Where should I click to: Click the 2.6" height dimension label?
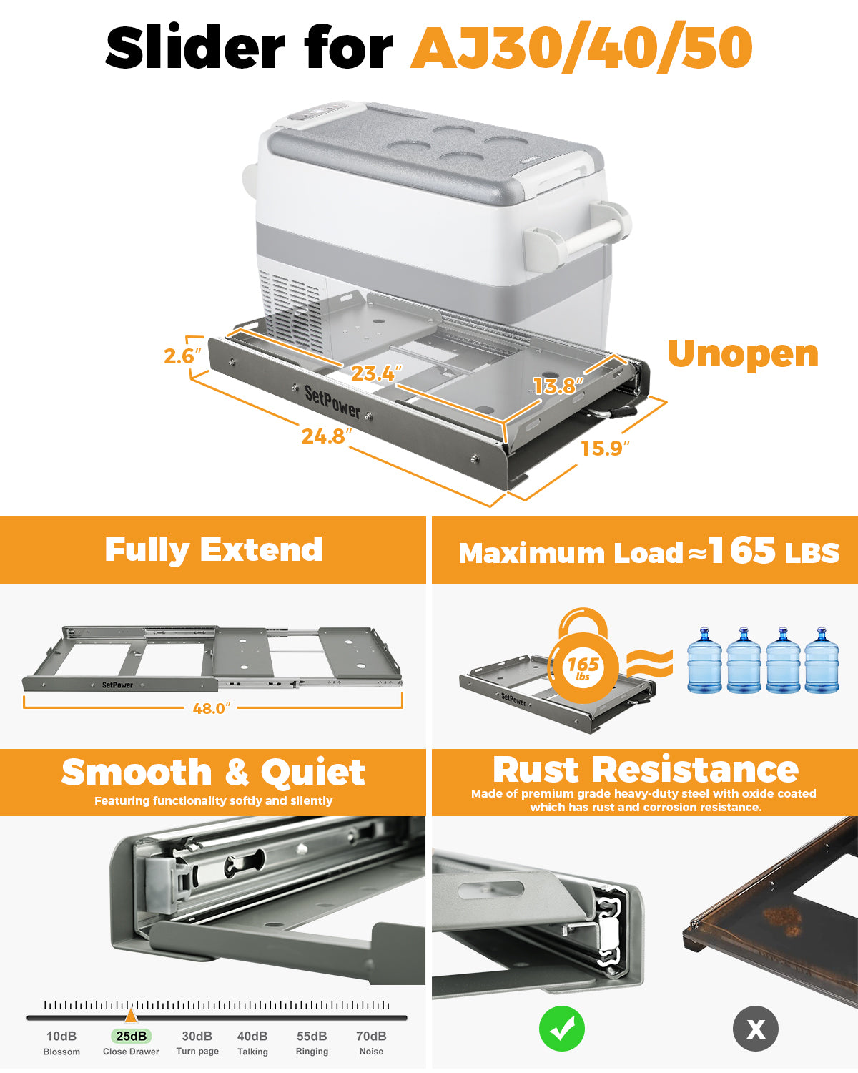(x=182, y=356)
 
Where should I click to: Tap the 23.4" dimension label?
(x=376, y=373)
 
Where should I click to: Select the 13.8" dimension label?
(x=558, y=386)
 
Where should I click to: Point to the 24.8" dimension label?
(x=327, y=436)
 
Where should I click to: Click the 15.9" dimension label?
(x=605, y=448)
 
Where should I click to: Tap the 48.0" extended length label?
(x=212, y=708)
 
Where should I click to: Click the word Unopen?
(x=743, y=355)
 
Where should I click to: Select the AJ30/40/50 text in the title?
(x=581, y=47)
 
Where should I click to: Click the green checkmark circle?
(x=562, y=1029)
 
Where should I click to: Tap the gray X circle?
(x=755, y=1029)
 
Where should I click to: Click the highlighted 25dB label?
(x=131, y=1036)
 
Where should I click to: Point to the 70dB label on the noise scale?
(x=371, y=1036)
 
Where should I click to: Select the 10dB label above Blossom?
(x=61, y=1036)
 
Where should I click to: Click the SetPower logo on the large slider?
(x=332, y=402)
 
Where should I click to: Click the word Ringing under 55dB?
(x=312, y=1051)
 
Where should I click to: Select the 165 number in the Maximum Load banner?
(x=742, y=550)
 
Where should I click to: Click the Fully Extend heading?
(x=213, y=550)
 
